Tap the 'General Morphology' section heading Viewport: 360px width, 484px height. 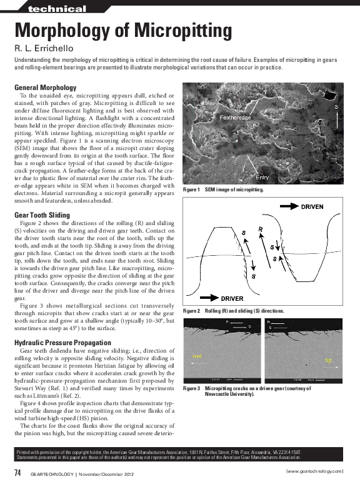point(54,87)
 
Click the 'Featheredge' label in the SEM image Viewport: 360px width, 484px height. point(235,118)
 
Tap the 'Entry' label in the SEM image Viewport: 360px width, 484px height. point(262,178)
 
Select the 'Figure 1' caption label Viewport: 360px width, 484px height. point(190,189)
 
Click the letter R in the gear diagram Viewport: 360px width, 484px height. point(259,228)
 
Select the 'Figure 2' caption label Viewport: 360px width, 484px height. point(190,311)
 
